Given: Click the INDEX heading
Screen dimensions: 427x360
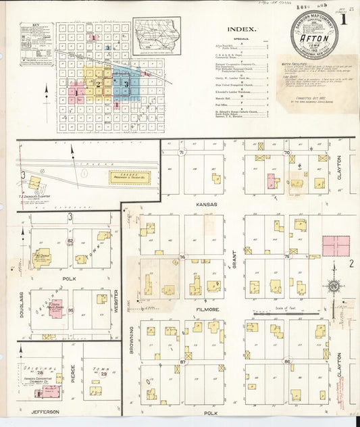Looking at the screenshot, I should [241, 30].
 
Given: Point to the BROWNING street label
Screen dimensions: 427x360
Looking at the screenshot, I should [131, 341].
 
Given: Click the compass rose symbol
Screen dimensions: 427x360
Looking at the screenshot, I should [333, 286].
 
